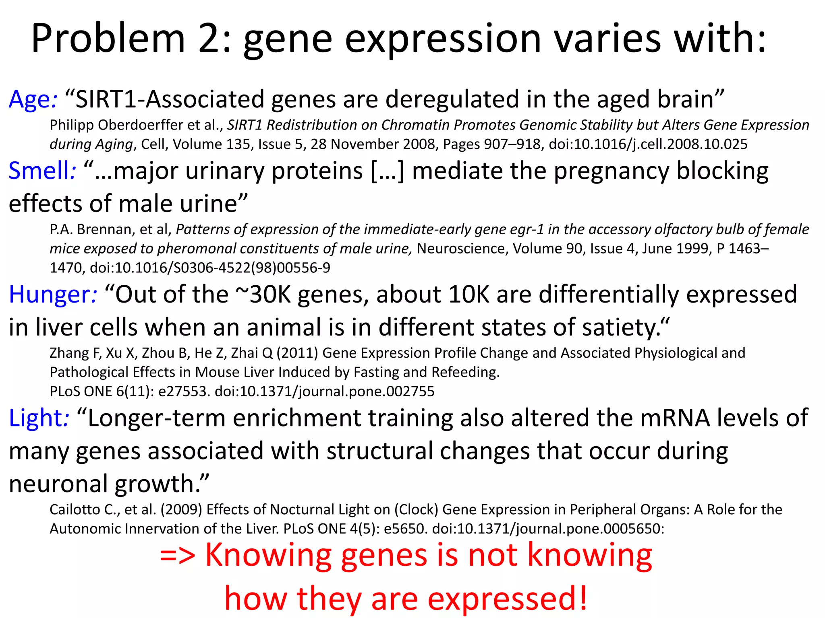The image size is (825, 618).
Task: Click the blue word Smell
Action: click(x=39, y=171)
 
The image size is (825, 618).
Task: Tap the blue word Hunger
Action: click(x=50, y=295)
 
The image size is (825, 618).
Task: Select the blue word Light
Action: click(x=36, y=418)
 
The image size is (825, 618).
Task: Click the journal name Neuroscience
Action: click(x=461, y=249)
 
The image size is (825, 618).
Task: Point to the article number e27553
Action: click(x=182, y=391)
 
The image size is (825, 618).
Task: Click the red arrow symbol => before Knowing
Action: click(x=178, y=555)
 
